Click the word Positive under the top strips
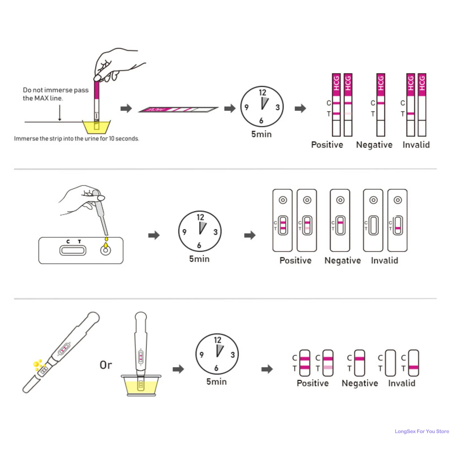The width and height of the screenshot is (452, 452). [x=327, y=145]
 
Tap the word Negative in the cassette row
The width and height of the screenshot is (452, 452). [x=342, y=261]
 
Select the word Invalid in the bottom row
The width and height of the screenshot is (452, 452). [x=401, y=383]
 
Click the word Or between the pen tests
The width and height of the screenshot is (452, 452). [x=106, y=365]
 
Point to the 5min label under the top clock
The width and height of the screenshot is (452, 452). [x=261, y=134]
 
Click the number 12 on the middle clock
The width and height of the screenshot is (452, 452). [x=200, y=217]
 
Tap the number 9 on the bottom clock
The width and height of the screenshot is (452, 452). [x=202, y=355]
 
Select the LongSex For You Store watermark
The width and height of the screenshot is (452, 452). [x=422, y=431]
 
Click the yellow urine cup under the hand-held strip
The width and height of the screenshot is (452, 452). [x=96, y=127]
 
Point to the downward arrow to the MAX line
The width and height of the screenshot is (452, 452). [x=60, y=113]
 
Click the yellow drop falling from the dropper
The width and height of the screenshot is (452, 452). [x=106, y=239]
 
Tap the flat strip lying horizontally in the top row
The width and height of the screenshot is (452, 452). [x=178, y=110]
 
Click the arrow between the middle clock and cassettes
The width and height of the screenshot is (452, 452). [x=250, y=235]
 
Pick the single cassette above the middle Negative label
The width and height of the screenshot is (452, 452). [x=340, y=220]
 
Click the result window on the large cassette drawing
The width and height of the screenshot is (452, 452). [x=73, y=250]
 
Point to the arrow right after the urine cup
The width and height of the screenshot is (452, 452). [x=126, y=108]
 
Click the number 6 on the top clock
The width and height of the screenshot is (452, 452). [x=261, y=121]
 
